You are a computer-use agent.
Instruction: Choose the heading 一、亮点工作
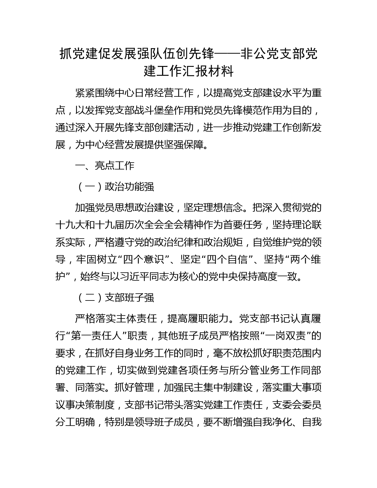point(105,166)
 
